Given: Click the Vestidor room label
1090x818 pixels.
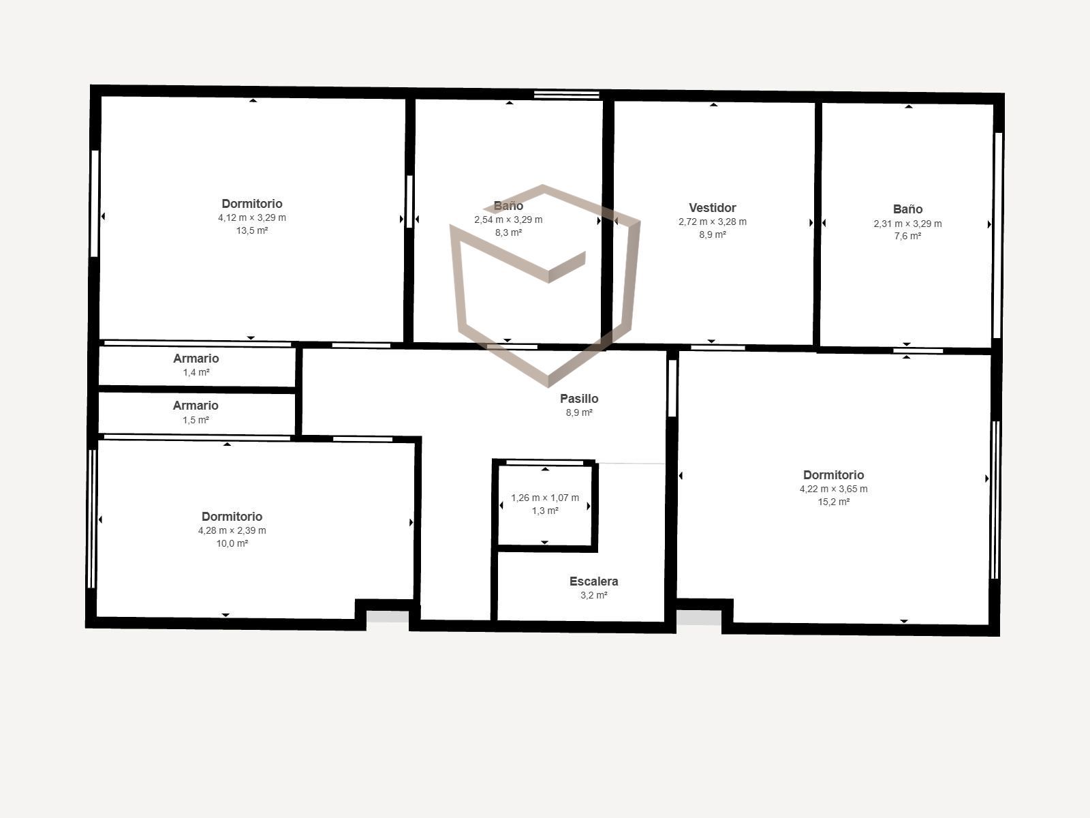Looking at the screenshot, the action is (x=712, y=208).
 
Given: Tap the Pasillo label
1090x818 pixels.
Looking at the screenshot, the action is (x=579, y=398).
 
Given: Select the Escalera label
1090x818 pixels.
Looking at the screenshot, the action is (x=594, y=581).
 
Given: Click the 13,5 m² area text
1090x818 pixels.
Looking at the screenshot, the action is (x=252, y=230).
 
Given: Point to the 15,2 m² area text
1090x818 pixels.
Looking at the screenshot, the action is (x=834, y=502).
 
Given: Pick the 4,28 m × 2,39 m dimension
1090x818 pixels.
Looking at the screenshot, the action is (x=232, y=530).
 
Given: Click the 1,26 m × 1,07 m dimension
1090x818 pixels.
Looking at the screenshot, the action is (x=545, y=498).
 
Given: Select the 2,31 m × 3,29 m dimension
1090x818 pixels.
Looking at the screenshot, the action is (x=907, y=224).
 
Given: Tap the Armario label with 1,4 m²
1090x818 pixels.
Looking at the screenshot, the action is (x=196, y=359).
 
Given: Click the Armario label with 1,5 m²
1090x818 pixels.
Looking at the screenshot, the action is (x=196, y=406).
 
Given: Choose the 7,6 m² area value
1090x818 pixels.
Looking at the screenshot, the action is (x=907, y=237).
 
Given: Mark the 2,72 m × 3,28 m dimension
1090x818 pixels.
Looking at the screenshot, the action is (x=713, y=222).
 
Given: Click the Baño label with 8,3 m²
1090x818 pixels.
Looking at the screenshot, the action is (x=508, y=206).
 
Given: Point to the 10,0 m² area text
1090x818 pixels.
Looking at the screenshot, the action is (x=232, y=543).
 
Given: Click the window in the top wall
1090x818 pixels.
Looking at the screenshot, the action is (x=567, y=95).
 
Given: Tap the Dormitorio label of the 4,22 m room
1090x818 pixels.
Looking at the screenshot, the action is (x=834, y=475).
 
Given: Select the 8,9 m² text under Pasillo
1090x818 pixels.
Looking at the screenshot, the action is (x=579, y=412).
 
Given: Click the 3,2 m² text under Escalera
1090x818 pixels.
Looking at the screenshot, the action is (x=594, y=595).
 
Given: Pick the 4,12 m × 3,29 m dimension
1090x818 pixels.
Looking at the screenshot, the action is (x=252, y=217).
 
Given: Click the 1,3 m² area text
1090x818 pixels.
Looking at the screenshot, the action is (x=545, y=511).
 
